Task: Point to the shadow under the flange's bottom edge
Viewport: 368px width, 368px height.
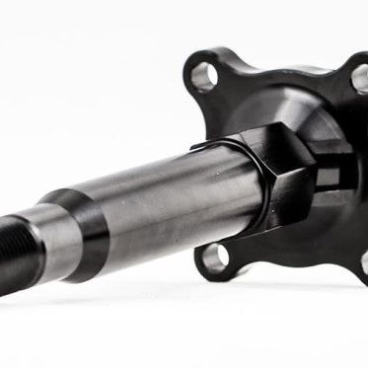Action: (x=286, y=286)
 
